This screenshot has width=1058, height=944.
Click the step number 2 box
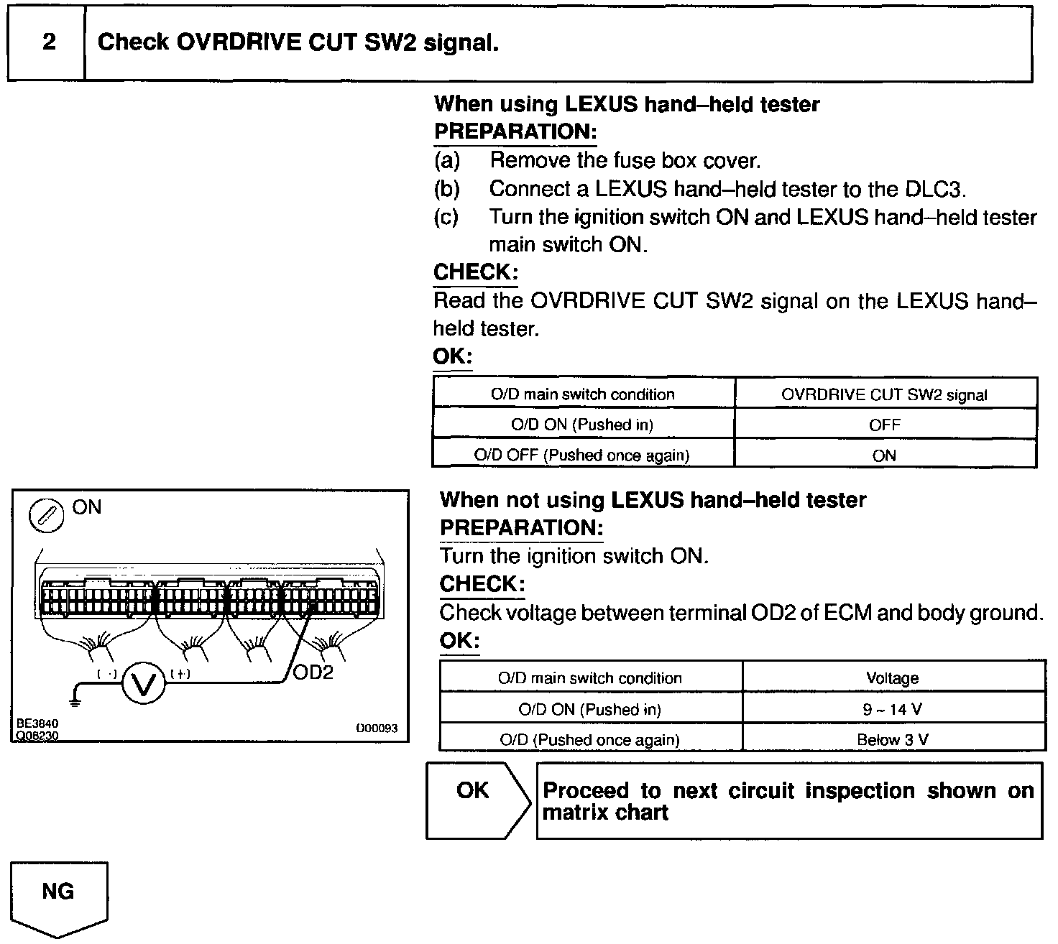(47, 42)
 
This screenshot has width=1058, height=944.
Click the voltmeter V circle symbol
(144, 684)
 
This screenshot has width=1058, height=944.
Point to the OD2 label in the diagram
(313, 674)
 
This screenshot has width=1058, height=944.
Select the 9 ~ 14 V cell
(893, 710)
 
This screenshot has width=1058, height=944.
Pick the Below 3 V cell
(893, 740)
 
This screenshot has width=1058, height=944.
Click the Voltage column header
(893, 678)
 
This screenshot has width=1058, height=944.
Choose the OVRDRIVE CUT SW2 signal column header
(884, 395)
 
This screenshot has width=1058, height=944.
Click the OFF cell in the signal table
(884, 425)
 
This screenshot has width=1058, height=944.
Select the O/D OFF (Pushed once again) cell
(582, 455)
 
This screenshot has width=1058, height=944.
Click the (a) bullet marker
(446, 160)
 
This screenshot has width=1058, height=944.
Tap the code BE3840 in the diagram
(37, 723)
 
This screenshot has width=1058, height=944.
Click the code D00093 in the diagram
(377, 728)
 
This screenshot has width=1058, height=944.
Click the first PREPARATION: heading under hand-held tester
(515, 132)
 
